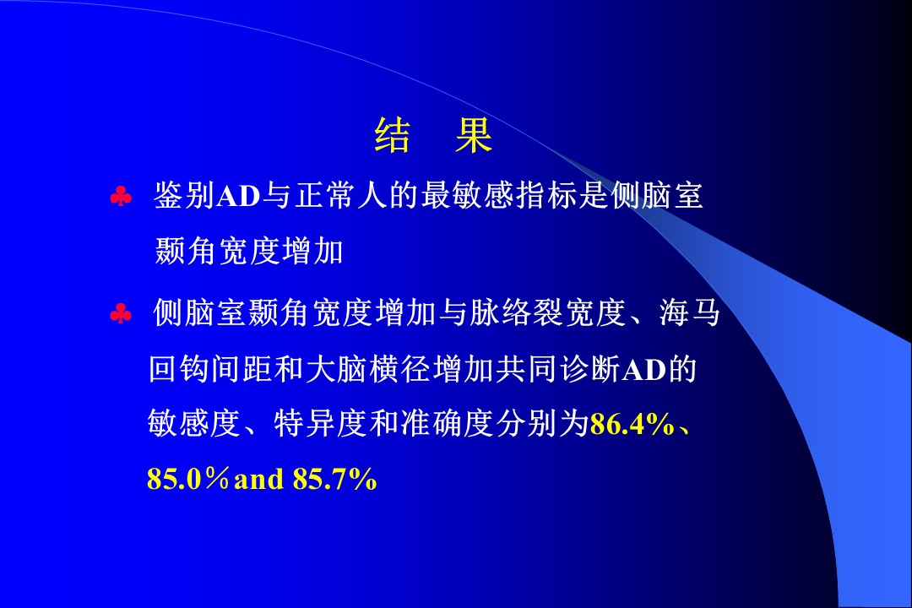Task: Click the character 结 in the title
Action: pyautogui.click(x=393, y=135)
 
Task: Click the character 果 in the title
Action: pyautogui.click(x=474, y=135)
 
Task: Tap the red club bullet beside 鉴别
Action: pyautogui.click(x=121, y=197)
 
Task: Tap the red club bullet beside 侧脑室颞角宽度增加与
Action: pyautogui.click(x=121, y=314)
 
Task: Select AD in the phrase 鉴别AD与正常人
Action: pyautogui.click(x=238, y=196)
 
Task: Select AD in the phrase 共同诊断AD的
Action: pyautogui.click(x=643, y=371)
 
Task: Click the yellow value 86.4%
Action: pyautogui.click(x=632, y=425)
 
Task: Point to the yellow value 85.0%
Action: pyautogui.click(x=187, y=480)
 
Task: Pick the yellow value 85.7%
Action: pyautogui.click(x=335, y=480)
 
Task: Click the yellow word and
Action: pyautogui.click(x=259, y=480)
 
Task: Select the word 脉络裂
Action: pyautogui.click(x=517, y=312)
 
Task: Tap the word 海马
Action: pyautogui.click(x=691, y=312)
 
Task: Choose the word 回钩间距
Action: pyautogui.click(x=210, y=370)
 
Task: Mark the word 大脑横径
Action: pyautogui.click(x=368, y=370)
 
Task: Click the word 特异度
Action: pyautogui.click(x=321, y=424)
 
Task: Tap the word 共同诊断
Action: pyautogui.click(x=557, y=370)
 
